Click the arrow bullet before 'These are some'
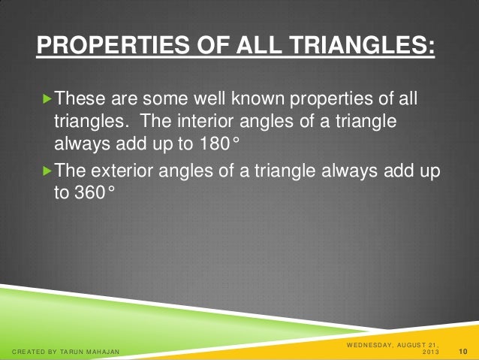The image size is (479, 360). (x=49, y=99)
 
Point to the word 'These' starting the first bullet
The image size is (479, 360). (x=80, y=99)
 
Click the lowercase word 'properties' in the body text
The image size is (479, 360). (x=332, y=99)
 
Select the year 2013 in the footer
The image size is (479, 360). (x=432, y=352)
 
